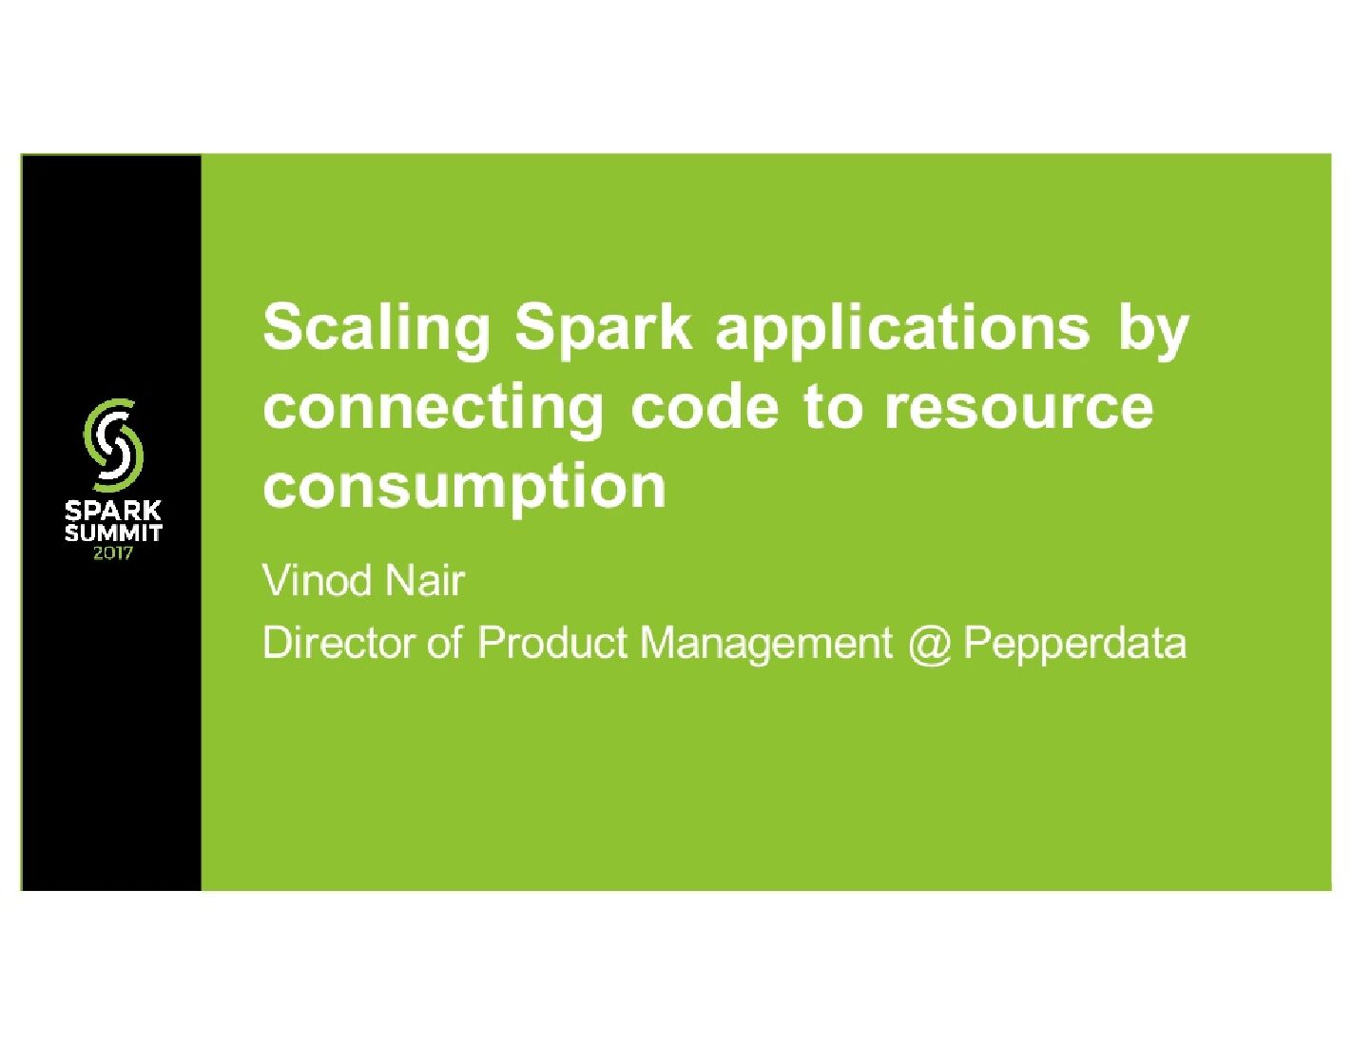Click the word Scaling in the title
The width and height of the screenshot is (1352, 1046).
pos(377,329)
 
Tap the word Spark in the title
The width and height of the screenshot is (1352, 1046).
pos(603,329)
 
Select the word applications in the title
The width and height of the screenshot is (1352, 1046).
pos(902,329)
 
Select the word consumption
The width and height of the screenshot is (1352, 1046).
pos(464,488)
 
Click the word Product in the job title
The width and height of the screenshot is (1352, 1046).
pos(551,643)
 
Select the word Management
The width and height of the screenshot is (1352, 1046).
pos(765,644)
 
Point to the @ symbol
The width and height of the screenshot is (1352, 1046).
pos(928,644)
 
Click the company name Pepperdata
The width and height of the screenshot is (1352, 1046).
pos(1074,644)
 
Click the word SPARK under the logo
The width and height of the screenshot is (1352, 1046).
pos(113,512)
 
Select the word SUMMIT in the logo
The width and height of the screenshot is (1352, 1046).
pos(113,533)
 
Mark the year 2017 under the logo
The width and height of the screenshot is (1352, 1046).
pos(113,552)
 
